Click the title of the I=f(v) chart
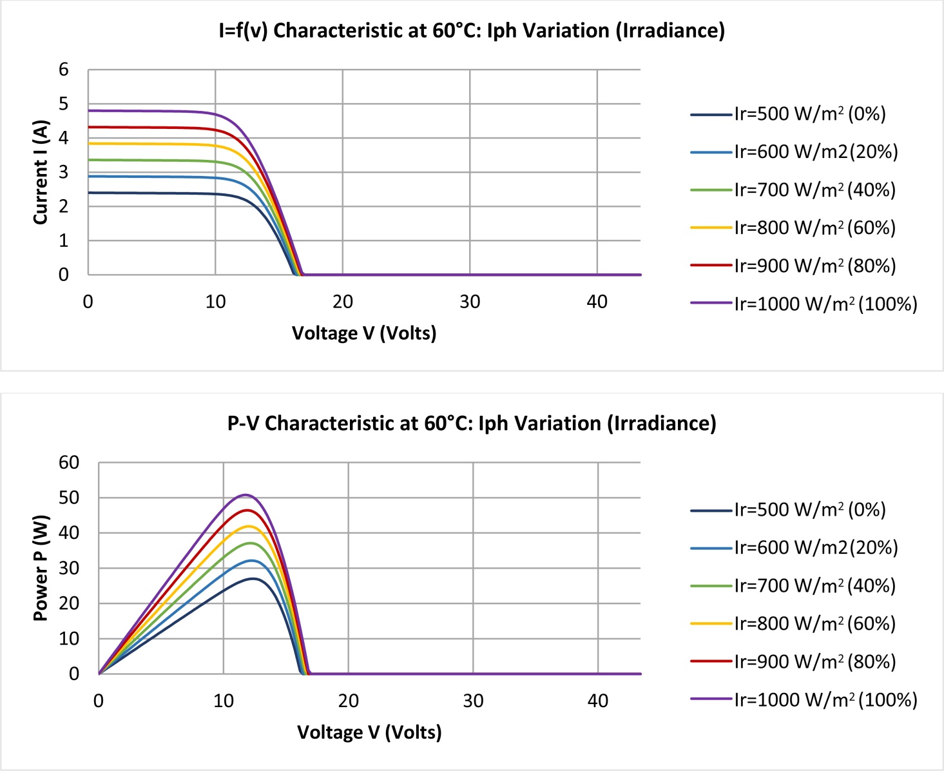coord(472,31)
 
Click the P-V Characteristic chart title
coord(472,424)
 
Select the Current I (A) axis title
coord(41,172)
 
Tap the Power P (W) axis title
coord(41,568)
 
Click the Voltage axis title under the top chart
coord(364,333)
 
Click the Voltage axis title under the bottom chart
coord(369,732)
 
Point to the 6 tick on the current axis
coord(64,70)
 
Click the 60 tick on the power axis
coord(69,462)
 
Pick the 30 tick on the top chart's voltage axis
coord(470,302)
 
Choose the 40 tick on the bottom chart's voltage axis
coord(598,701)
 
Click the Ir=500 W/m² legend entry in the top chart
coord(788,114)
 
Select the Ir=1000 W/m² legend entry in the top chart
coord(804,304)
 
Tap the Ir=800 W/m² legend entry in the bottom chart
coord(793,623)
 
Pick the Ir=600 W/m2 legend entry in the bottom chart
coord(794,547)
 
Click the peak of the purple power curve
coord(246,494)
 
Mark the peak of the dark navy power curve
coord(253,579)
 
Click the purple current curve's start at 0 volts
coord(89,111)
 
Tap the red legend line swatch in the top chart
coord(711,266)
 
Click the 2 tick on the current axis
coord(64,206)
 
